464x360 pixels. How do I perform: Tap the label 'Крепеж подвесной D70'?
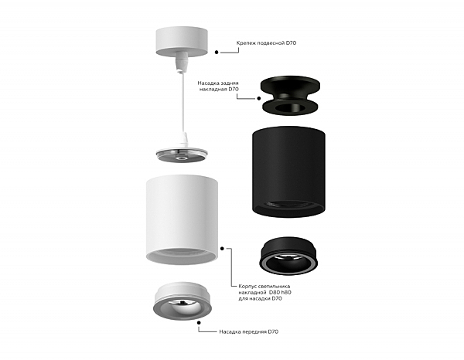266,42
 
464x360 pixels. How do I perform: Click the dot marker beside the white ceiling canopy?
217,52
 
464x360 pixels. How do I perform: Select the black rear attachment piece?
290,95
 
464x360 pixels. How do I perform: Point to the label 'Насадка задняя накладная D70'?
218,86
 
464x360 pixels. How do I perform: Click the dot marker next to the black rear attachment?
258,98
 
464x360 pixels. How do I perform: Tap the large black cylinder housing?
288,172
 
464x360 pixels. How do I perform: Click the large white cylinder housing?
182,219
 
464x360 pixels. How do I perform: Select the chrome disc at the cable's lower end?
182,155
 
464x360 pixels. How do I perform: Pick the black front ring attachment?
288,256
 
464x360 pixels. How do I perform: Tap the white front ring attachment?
183,301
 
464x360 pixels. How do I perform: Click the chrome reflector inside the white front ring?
183,305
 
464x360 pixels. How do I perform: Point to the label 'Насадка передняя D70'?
248,331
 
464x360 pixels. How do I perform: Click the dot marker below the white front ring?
199,324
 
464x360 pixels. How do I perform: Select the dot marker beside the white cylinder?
222,249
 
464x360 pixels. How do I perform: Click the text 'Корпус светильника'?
264,287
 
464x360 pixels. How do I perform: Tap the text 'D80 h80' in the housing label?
280,292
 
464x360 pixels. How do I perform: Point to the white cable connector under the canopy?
181,62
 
